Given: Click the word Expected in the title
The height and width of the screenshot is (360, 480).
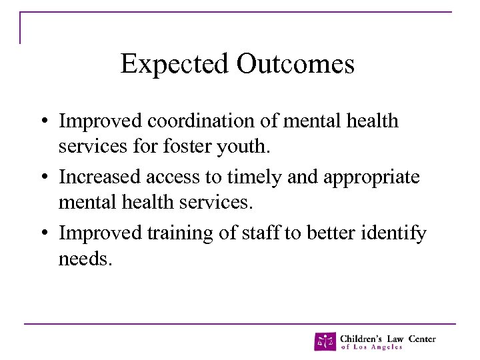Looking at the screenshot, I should click(x=175, y=65).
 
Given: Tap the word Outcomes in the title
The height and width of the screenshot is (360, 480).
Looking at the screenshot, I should click(x=295, y=65).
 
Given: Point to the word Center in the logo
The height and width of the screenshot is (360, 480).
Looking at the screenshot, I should click(x=421, y=338).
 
